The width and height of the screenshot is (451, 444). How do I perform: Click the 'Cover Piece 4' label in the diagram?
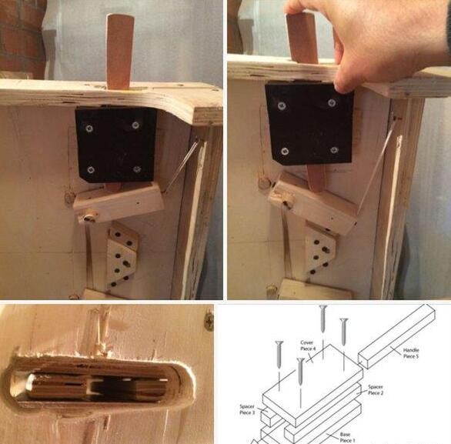(x=308, y=346)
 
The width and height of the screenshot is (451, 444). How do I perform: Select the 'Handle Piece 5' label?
(x=411, y=353)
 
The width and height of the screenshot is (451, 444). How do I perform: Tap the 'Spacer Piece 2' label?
(x=376, y=389)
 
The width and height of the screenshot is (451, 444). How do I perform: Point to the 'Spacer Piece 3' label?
(x=247, y=409)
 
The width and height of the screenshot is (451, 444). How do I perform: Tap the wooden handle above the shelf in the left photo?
(x=119, y=52)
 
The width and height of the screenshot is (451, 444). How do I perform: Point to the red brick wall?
(x=22, y=38)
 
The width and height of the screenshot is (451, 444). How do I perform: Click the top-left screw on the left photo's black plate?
(x=89, y=129)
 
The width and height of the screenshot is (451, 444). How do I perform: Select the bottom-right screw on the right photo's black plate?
(x=334, y=150)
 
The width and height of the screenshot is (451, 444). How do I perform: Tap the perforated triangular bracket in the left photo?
(x=122, y=256)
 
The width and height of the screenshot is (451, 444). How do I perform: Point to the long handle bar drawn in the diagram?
(x=397, y=336)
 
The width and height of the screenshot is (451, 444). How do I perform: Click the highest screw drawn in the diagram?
(x=323, y=318)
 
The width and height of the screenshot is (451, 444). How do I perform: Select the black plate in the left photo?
(x=116, y=145)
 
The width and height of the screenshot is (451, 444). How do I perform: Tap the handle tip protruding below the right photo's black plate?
(x=316, y=179)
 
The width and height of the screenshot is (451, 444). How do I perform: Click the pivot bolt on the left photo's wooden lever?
(x=89, y=216)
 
